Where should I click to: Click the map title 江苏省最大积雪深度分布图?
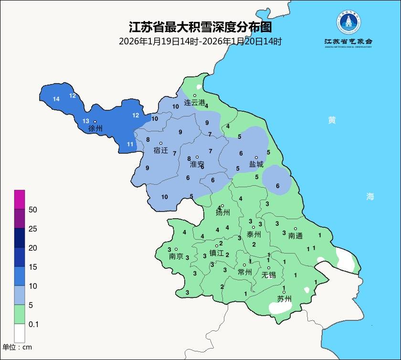click(200, 26)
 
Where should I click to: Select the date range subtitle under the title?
click(200, 42)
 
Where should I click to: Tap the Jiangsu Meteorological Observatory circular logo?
click(348, 22)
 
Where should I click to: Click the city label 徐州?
click(95, 129)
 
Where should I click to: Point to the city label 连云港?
click(194, 103)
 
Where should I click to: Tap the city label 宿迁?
click(161, 150)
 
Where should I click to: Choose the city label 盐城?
click(256, 164)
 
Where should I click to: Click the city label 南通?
click(295, 235)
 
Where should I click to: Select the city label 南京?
click(176, 256)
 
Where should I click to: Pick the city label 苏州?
click(284, 299)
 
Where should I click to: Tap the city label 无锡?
click(268, 275)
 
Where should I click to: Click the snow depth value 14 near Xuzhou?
click(56, 99)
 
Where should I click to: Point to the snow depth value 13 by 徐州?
click(86, 121)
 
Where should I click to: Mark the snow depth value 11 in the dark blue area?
click(130, 144)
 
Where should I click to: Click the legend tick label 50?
click(33, 210)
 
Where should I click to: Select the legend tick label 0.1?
click(33, 324)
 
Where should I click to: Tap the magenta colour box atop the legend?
click(19, 200)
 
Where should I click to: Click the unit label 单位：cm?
click(17, 347)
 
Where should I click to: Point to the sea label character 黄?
click(332, 120)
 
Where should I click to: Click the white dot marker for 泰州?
click(253, 227)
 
